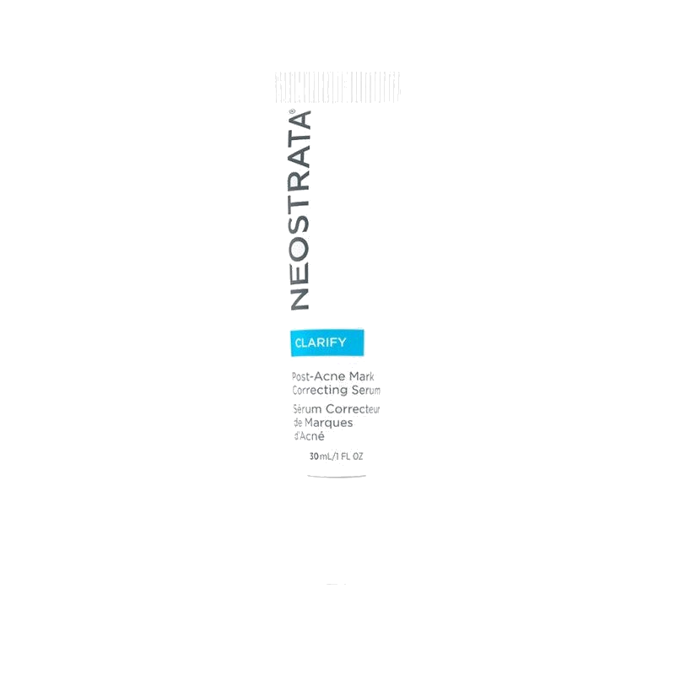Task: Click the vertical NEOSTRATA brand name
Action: [x=300, y=210]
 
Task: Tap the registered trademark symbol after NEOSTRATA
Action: [x=292, y=111]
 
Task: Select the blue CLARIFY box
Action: [x=327, y=343]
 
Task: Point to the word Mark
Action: [x=362, y=376]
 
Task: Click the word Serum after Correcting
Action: [x=366, y=391]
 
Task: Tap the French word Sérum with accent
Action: [x=307, y=408]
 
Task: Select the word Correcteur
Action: [x=353, y=408]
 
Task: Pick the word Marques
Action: [x=328, y=424]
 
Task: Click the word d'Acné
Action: [x=309, y=436]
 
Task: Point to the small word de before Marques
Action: [x=298, y=423]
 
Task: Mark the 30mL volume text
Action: [x=321, y=456]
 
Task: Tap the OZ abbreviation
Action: [x=358, y=456]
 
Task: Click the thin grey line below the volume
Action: [x=337, y=476]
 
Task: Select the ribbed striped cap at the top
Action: [x=337, y=88]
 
